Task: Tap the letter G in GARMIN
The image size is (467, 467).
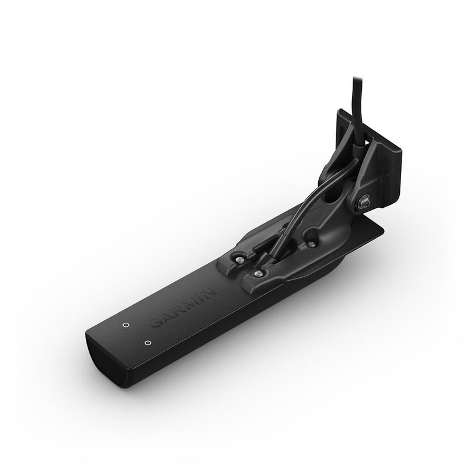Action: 156,323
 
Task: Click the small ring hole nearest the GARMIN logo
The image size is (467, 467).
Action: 126,325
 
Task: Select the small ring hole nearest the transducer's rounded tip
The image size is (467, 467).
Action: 147,343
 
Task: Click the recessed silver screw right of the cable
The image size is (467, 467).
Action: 312,244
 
